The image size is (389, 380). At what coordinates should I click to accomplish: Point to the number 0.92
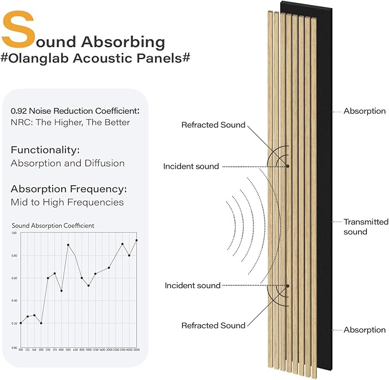(x=21, y=111)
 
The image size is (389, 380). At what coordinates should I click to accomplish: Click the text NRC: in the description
(x=21, y=122)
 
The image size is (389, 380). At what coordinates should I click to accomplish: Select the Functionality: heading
(x=45, y=150)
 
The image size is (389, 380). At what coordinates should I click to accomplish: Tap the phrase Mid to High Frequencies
(x=67, y=202)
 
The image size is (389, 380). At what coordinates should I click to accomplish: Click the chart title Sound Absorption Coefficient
(x=53, y=226)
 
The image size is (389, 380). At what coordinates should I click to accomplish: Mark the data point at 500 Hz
(x=68, y=245)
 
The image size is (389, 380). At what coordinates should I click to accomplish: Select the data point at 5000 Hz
(x=136, y=241)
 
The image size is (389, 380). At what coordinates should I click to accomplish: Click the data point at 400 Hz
(x=61, y=290)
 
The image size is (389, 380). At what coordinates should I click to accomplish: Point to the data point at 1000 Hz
(x=88, y=286)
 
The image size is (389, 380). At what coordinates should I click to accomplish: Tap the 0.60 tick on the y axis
(x=14, y=278)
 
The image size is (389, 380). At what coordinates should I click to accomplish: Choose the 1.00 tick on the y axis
(x=14, y=233)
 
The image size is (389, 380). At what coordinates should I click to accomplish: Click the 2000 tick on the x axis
(x=109, y=350)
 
